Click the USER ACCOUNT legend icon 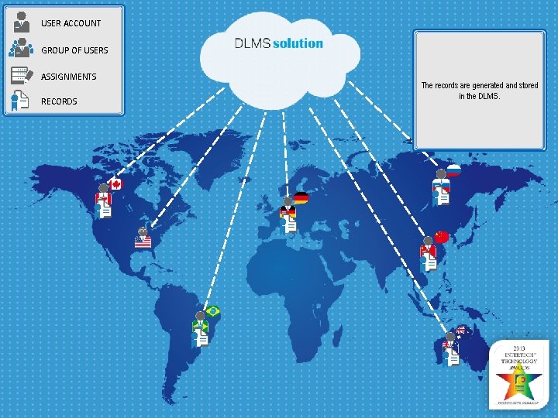pyautogui.click(x=22, y=22)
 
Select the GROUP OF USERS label pyautogui.click(x=74, y=50)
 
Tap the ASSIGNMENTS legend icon pyautogui.click(x=22, y=75)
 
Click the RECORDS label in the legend pyautogui.click(x=59, y=101)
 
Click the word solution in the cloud pyautogui.click(x=298, y=43)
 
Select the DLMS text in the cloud pyautogui.click(x=252, y=43)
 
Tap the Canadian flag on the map pyautogui.click(x=115, y=183)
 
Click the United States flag pyautogui.click(x=143, y=242)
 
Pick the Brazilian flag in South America pyautogui.click(x=212, y=311)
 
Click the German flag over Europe pyautogui.click(x=301, y=198)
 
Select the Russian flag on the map pyautogui.click(x=453, y=170)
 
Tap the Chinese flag pyautogui.click(x=441, y=237)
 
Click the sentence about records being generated pyautogui.click(x=479, y=91)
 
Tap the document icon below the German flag pyautogui.click(x=291, y=224)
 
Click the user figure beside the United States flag pyautogui.click(x=142, y=231)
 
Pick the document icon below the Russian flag pyautogui.click(x=443, y=197)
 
